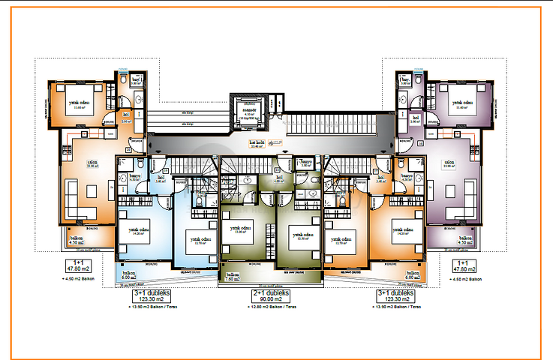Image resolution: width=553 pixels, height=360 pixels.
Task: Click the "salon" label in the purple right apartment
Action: coord(449,163)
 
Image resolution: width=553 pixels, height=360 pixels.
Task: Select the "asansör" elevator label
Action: coord(245,110)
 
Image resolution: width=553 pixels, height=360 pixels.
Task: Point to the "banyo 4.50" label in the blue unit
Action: coord(135,178)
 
